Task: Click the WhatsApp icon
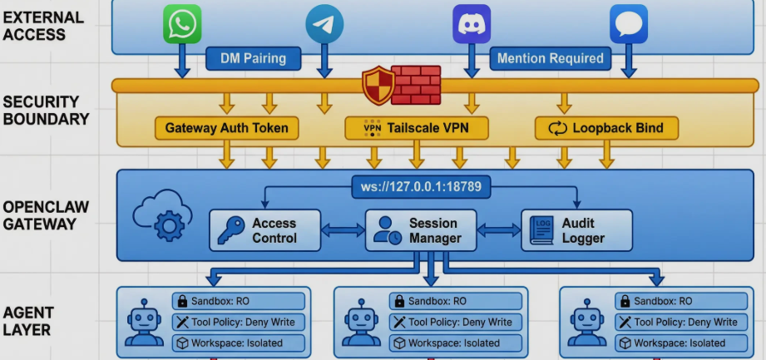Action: pos(182,24)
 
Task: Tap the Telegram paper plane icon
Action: pos(324,24)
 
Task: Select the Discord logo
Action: pos(472,24)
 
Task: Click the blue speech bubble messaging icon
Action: pos(628,24)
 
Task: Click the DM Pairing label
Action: pos(252,58)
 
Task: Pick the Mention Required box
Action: pos(549,58)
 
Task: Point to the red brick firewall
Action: pos(416,85)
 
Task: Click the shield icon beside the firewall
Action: pos(378,85)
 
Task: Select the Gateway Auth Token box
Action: pos(226,128)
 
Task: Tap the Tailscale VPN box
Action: pos(416,128)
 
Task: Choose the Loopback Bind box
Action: pos(606,128)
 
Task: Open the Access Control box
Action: pos(264,230)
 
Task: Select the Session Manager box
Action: pos(421,230)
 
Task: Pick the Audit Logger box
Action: pos(576,230)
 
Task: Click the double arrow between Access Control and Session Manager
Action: pos(343,230)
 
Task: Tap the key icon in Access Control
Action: pos(230,230)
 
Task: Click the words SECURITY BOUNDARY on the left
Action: pos(46,111)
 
